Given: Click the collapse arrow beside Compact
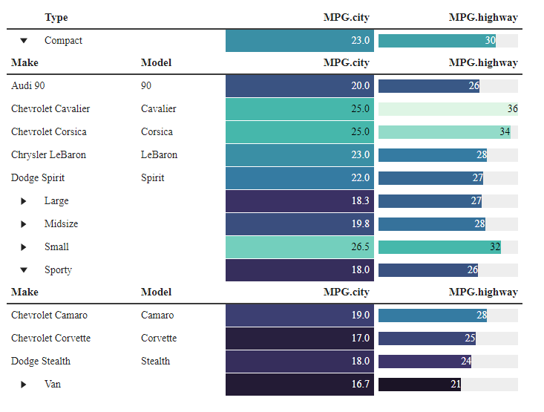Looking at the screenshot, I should (24, 41).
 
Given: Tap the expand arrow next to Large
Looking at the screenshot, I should (24, 201).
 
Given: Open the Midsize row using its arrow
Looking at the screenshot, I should (24, 224).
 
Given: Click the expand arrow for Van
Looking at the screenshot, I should (24, 385).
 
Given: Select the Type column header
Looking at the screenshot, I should (56, 17).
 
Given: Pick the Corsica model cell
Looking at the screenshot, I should (157, 131).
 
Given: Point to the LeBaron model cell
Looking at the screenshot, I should (159, 154).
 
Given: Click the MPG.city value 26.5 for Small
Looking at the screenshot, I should (299, 246).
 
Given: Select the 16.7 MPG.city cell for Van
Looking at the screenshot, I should (299, 385).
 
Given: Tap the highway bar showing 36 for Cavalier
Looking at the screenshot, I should (448, 108).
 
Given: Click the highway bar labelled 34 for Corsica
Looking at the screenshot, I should (445, 131).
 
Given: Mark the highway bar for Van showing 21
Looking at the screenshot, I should (419, 385).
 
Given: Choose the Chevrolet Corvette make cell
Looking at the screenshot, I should (50, 338).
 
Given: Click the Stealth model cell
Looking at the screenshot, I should (155, 361).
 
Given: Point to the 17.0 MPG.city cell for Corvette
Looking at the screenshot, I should (299, 338).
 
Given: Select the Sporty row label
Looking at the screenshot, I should (58, 269).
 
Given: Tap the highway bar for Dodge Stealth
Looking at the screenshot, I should (425, 361).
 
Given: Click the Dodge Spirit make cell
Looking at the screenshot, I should (38, 177).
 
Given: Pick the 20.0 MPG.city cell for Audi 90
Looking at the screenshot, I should (299, 85).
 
